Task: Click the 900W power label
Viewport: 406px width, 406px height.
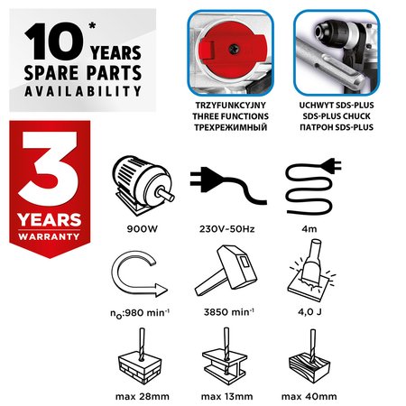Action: click(143, 229)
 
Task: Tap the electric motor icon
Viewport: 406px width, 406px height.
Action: click(143, 185)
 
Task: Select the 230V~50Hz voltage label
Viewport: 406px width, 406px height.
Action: click(227, 229)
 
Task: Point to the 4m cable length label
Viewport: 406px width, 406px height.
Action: click(309, 229)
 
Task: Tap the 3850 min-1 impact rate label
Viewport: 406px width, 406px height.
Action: click(229, 312)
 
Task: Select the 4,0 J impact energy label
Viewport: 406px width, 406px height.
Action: click(309, 312)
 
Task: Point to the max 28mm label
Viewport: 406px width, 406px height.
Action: click(143, 396)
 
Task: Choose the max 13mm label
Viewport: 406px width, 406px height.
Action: click(226, 396)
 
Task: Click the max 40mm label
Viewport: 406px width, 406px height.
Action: click(309, 396)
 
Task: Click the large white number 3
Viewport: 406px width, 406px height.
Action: click(50, 169)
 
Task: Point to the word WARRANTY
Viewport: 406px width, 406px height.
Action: click(49, 236)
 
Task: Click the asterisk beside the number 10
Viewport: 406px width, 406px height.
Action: click(92, 25)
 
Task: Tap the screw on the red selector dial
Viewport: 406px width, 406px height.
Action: click(234, 49)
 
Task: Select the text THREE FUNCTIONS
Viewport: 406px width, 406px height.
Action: click(231, 116)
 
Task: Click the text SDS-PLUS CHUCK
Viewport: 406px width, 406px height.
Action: click(337, 116)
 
